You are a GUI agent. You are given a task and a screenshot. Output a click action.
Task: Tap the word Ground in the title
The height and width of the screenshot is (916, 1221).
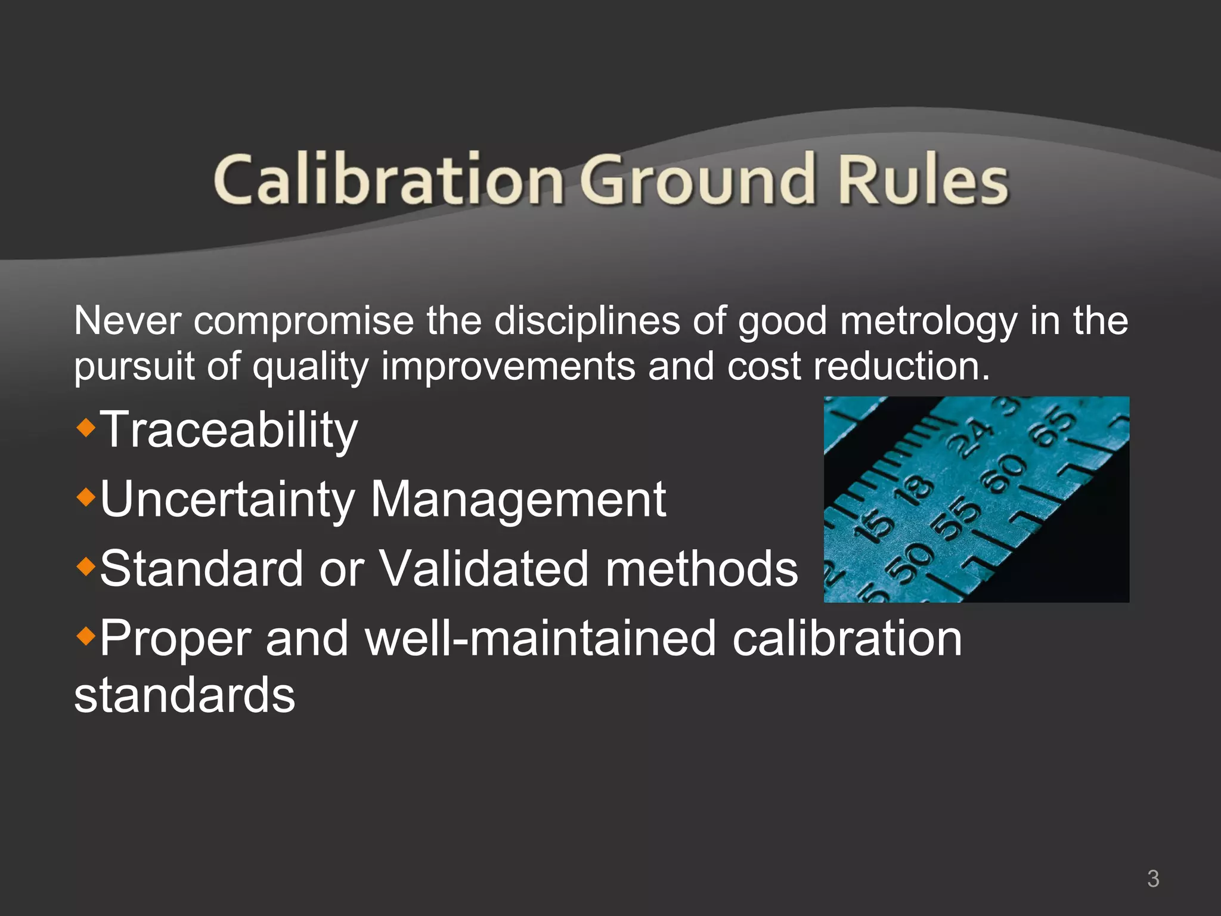698,179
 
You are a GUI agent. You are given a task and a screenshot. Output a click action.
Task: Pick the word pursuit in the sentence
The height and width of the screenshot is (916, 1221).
134,366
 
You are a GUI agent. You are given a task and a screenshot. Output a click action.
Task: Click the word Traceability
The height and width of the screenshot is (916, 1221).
229,431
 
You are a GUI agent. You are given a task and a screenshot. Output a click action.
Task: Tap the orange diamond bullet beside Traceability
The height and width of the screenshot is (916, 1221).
86,427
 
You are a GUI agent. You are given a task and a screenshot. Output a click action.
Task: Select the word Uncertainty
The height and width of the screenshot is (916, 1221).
227,500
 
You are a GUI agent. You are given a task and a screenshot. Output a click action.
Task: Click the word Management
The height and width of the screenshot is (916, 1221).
517,499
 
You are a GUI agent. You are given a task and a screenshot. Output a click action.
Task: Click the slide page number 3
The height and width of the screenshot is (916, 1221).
1153,878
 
